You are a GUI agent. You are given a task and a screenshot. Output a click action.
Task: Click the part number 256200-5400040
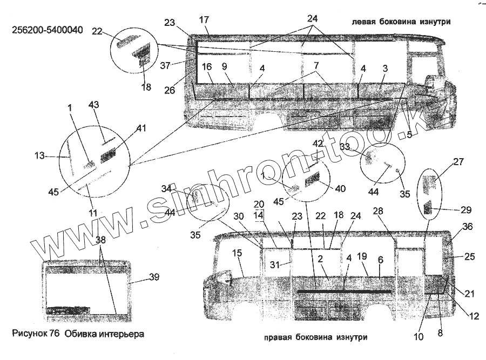coord(48,30)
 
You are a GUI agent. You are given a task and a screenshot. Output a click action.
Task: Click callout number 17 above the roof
coord(204,20)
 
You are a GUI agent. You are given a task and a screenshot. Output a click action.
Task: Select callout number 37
coord(165,65)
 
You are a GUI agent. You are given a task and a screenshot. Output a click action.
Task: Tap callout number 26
coord(170,90)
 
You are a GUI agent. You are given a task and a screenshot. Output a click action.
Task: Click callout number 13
coord(39,157)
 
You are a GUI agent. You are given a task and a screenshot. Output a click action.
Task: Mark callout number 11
coord(93,213)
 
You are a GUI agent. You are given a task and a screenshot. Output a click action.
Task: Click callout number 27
coord(458,161)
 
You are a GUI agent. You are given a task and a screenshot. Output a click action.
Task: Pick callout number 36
coord(467,227)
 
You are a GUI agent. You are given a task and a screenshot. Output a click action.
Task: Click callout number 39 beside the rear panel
coord(154,277)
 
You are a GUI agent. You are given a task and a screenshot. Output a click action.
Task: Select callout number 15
coord(237,253)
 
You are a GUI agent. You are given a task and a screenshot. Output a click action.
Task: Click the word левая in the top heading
coord(362,22)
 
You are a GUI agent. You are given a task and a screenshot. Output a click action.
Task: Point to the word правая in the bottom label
coord(279,337)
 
